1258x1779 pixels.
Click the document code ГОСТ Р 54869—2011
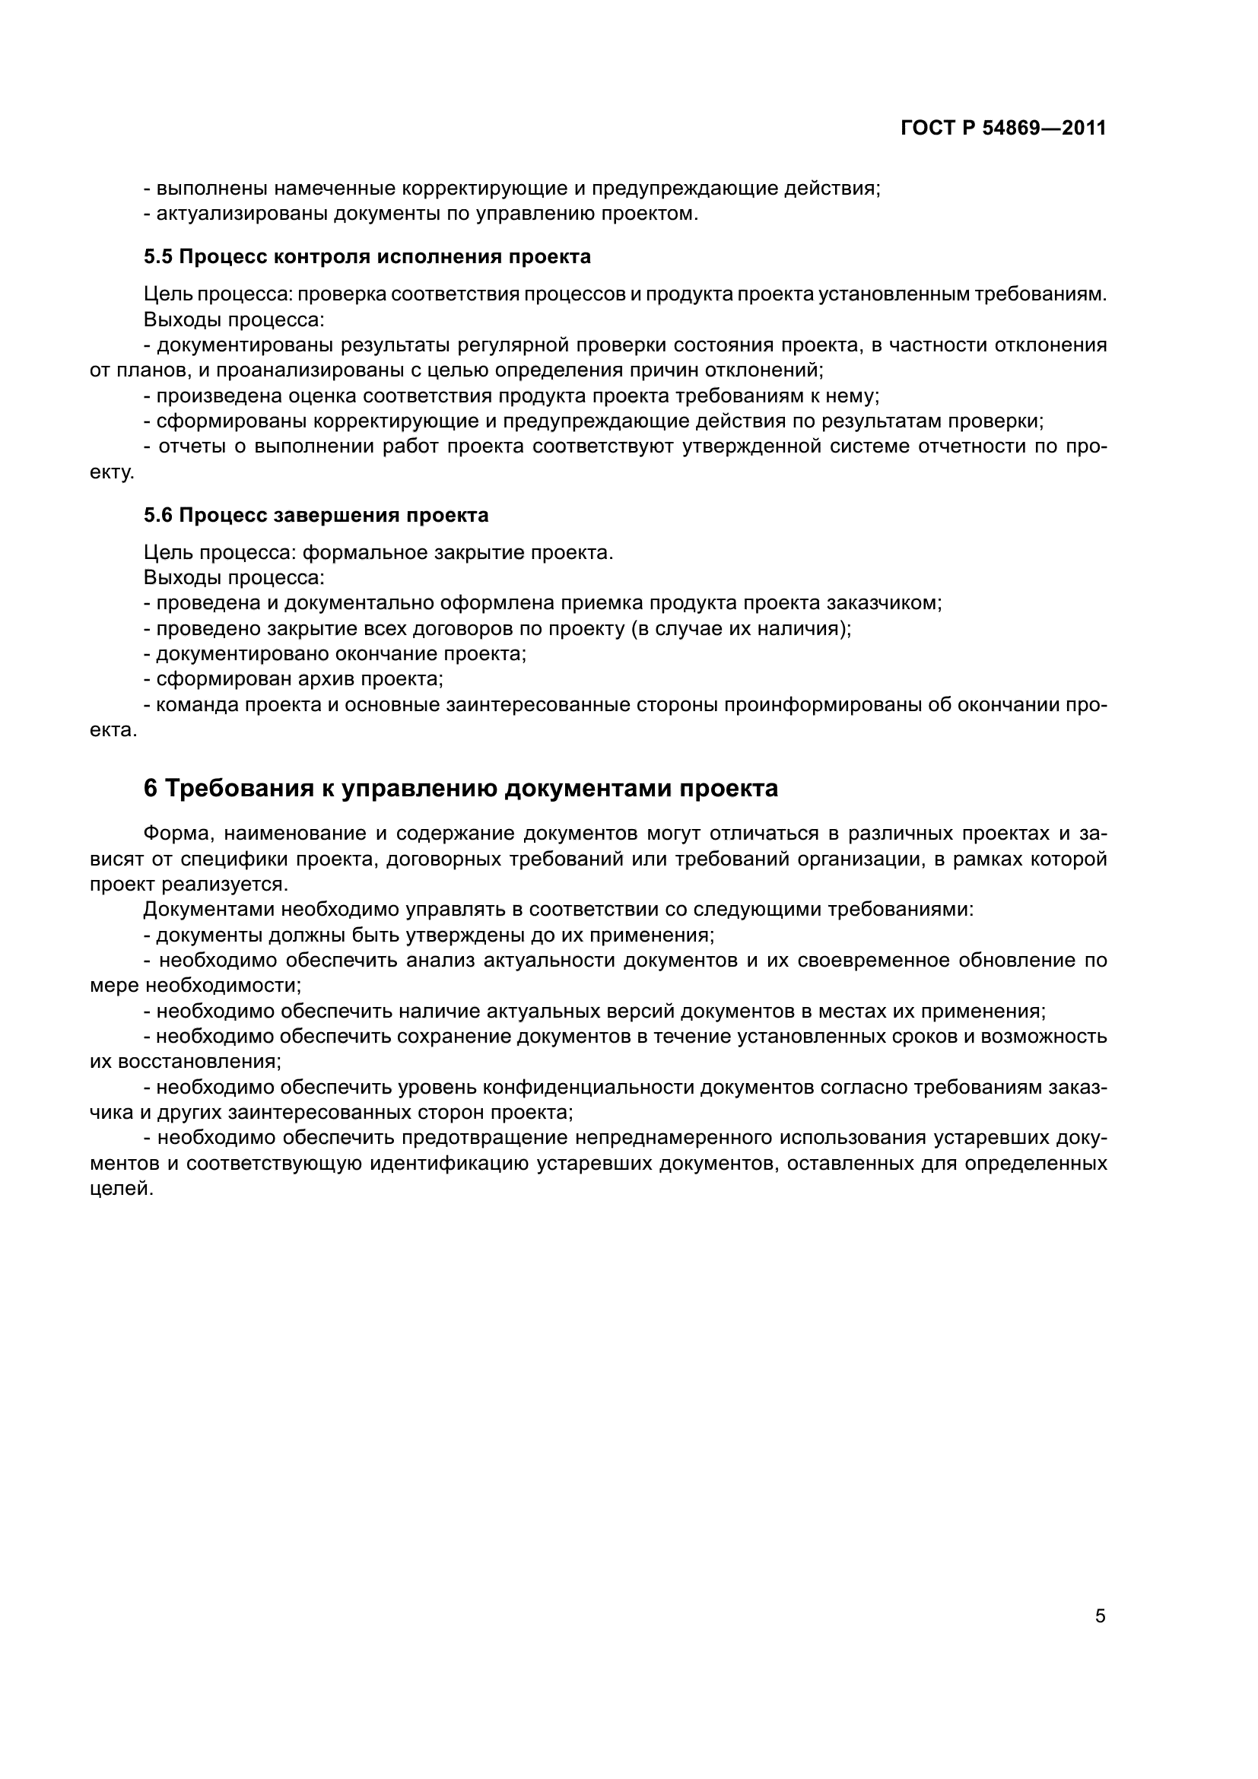1003,129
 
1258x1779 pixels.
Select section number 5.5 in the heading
159,257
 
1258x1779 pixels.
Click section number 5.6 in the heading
159,515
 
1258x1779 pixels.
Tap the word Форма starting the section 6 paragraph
177,834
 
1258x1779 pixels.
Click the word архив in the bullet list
323,679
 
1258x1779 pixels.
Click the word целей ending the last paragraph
120,1190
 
